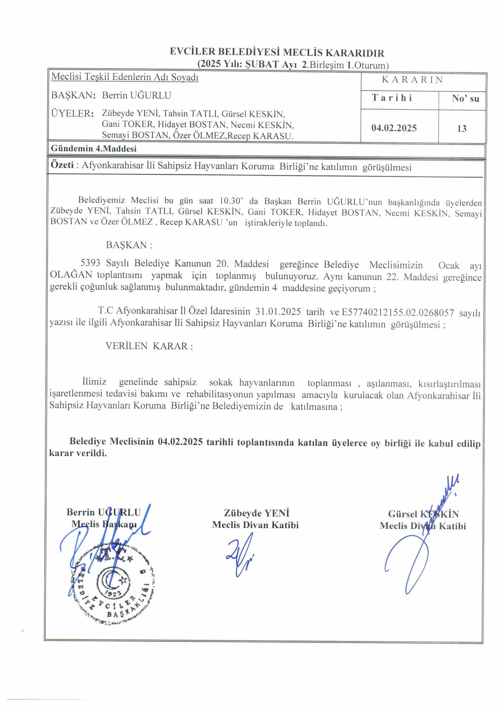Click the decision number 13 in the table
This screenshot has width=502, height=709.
(462, 128)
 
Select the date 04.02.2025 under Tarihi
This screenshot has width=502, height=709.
(394, 128)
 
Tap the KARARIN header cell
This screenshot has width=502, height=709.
(413, 80)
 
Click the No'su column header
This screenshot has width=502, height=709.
(465, 98)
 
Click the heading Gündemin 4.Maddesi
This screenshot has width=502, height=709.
(94, 149)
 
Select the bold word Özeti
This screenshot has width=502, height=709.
(62, 165)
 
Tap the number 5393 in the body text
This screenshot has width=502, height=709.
(90, 263)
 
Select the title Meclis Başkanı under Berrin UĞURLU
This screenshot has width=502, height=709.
(104, 524)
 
